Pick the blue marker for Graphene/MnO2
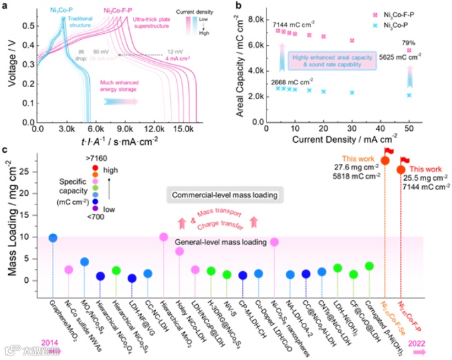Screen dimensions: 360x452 click(53, 238)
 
